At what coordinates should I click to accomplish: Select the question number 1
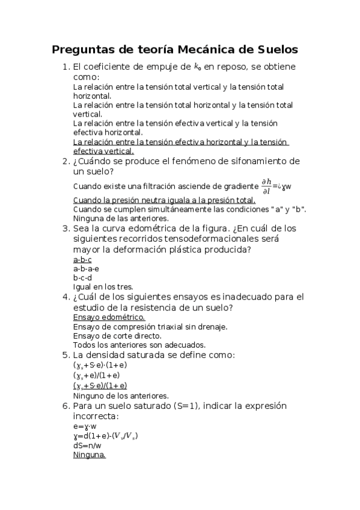pos(66,67)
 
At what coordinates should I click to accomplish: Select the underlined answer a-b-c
pos(82,260)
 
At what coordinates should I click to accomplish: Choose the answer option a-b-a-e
pos(87,269)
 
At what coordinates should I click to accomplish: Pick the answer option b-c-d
pos(82,278)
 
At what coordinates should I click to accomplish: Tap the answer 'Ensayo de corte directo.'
pos(117,336)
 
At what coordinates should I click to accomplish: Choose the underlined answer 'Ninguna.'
pos(89,455)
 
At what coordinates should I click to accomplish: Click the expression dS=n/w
pos(90,446)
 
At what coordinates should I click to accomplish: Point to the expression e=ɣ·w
pos(85,426)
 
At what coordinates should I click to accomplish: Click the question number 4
pos(66,297)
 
